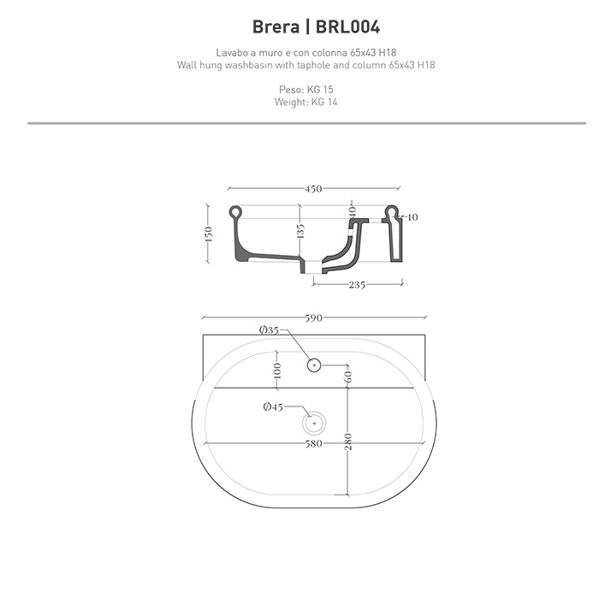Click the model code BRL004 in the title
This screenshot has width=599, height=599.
coord(348,27)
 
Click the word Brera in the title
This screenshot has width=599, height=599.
coord(276,27)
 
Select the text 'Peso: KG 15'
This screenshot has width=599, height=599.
coord(306,90)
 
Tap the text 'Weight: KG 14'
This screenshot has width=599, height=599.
coord(306,103)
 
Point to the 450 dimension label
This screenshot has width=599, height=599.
coord(314,189)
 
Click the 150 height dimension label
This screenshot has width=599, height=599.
coord(208,234)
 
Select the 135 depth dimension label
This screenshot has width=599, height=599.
coord(300,231)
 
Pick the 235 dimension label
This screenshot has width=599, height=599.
coord(357,285)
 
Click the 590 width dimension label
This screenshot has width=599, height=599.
coord(314,317)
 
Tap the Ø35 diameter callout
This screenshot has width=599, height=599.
coord(269,330)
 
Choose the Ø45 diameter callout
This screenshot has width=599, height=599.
coord(273,406)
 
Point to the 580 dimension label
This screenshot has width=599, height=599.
coord(314,443)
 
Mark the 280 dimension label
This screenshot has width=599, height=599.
coord(348,442)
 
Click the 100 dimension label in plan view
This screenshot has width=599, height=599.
coord(278,371)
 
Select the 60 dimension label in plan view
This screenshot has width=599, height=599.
coord(348,377)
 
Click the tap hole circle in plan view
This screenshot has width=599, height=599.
coord(314,365)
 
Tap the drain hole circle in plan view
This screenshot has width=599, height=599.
coord(314,424)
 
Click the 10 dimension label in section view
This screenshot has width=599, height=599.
coord(412,217)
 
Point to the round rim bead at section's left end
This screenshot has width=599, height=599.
coord(235,211)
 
